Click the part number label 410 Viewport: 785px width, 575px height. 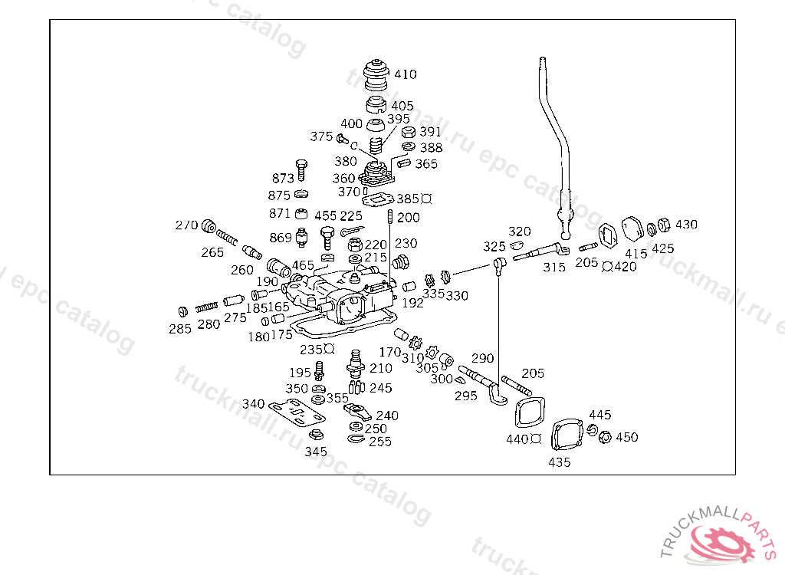[406, 74]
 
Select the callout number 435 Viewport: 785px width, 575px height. [560, 462]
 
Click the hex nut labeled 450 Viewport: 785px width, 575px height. [604, 437]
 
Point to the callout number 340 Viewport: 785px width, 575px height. [254, 404]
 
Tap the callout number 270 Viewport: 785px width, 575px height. [186, 225]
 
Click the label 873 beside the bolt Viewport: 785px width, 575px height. [284, 179]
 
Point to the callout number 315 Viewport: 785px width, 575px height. [554, 268]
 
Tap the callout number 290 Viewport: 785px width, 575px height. [482, 358]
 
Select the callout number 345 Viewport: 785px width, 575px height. [315, 452]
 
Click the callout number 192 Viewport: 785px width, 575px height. [412, 303]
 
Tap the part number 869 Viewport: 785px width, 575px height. [281, 238]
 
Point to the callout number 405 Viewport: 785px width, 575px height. [402, 106]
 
